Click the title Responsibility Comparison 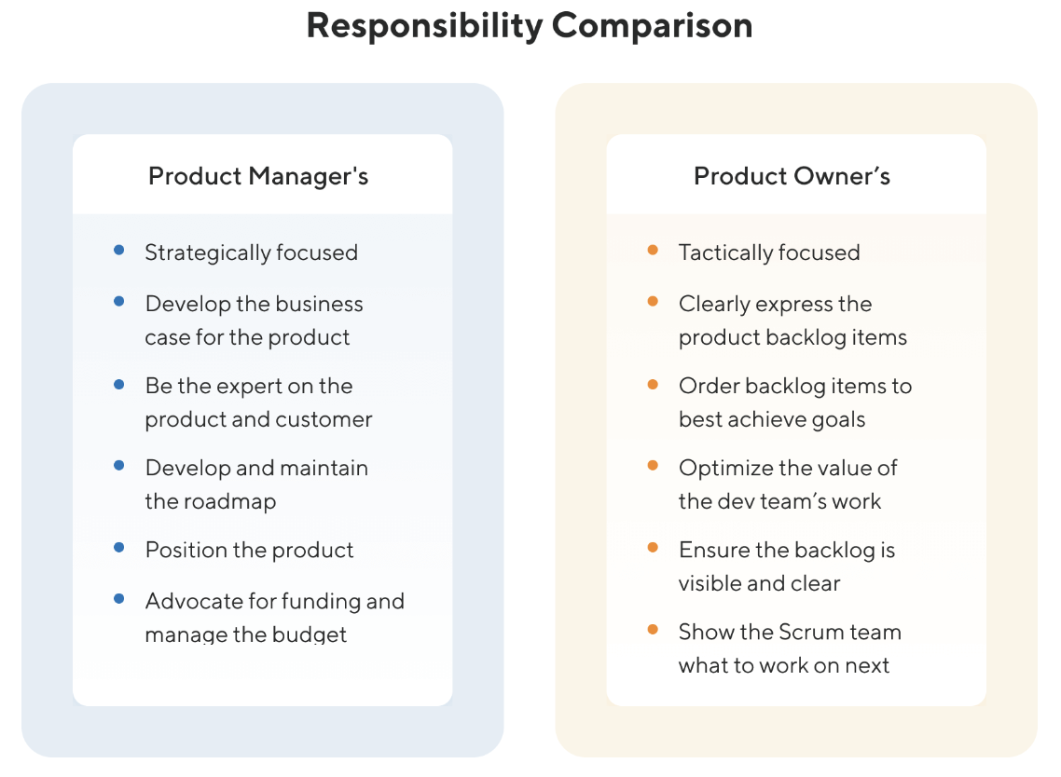(529, 25)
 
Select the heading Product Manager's (258, 176)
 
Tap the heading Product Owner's (792, 176)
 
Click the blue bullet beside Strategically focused (119, 251)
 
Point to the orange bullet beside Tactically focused (653, 251)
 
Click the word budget (310, 635)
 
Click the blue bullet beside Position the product (119, 548)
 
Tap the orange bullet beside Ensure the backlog (653, 548)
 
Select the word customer (324, 419)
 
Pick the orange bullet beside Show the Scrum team (653, 630)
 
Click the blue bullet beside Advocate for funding (119, 599)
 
